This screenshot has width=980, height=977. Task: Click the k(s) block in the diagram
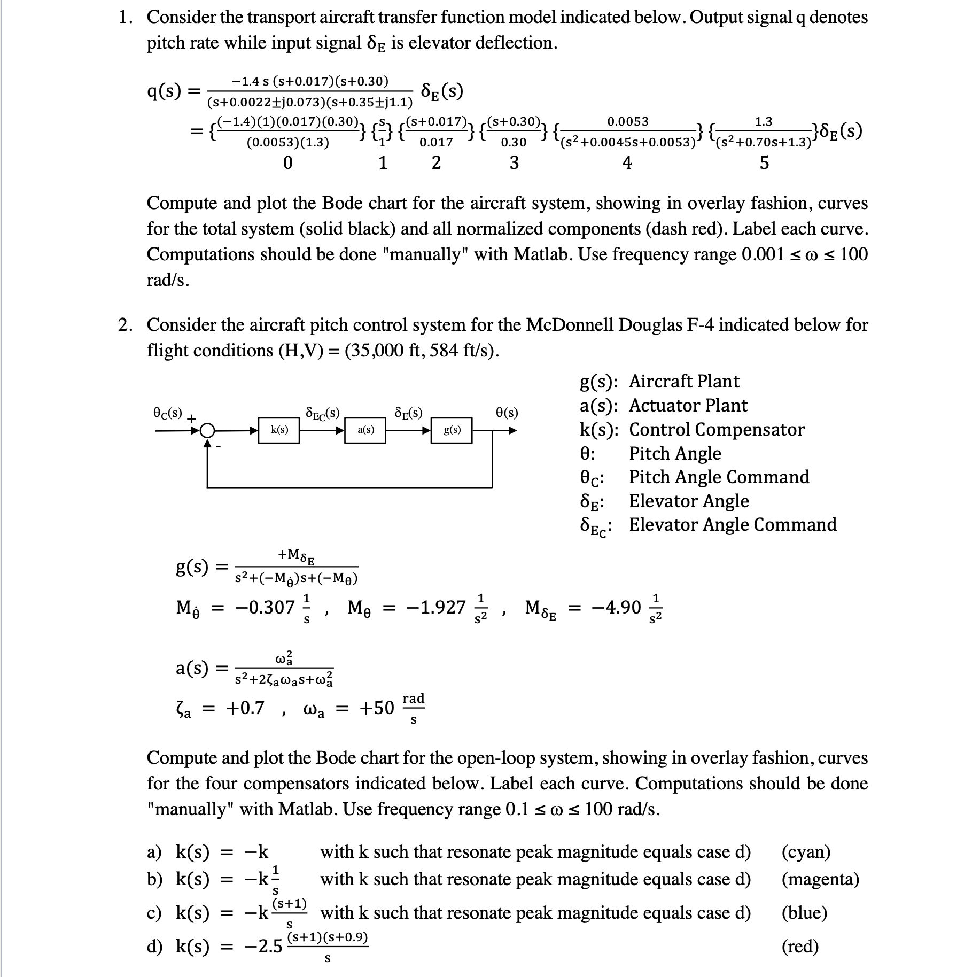pyautogui.click(x=279, y=430)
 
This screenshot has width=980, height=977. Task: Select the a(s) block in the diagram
pyautogui.click(x=365, y=430)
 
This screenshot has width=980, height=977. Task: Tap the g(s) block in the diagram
pyautogui.click(x=452, y=430)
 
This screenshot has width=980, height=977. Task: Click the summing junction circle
pyautogui.click(x=207, y=430)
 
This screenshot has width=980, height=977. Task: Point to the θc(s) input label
pyautogui.click(x=167, y=413)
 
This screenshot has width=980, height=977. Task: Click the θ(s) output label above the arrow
pyautogui.click(x=507, y=413)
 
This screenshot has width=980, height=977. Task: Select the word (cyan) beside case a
pyautogui.click(x=806, y=851)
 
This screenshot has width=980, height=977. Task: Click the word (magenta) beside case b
pyautogui.click(x=820, y=879)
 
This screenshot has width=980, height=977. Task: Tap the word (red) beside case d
pyautogui.click(x=800, y=946)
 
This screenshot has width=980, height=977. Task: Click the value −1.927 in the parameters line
pyautogui.click(x=435, y=607)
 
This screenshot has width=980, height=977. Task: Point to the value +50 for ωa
pyautogui.click(x=376, y=708)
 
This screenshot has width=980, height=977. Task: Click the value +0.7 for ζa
pyautogui.click(x=245, y=708)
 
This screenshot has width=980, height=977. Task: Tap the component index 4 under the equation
pyautogui.click(x=627, y=162)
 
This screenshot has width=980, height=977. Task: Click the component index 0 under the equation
pyautogui.click(x=287, y=162)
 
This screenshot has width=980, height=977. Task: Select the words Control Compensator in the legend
pyautogui.click(x=717, y=429)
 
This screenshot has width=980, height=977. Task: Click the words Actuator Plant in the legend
pyautogui.click(x=688, y=405)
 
